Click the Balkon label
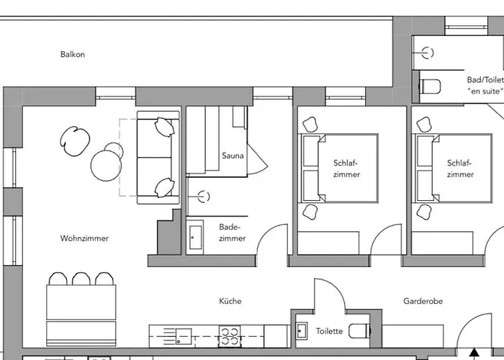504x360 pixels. (x=73, y=54)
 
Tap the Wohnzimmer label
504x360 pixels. (x=85, y=238)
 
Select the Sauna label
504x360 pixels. (x=233, y=156)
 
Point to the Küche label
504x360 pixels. (x=230, y=301)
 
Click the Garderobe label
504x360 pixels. (x=422, y=301)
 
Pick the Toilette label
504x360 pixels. (x=329, y=332)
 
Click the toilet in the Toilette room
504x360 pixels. (x=359, y=332)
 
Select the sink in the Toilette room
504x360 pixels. (x=301, y=332)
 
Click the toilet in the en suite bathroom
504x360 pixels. (x=431, y=86)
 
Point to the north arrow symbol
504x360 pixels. (x=474, y=353)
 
